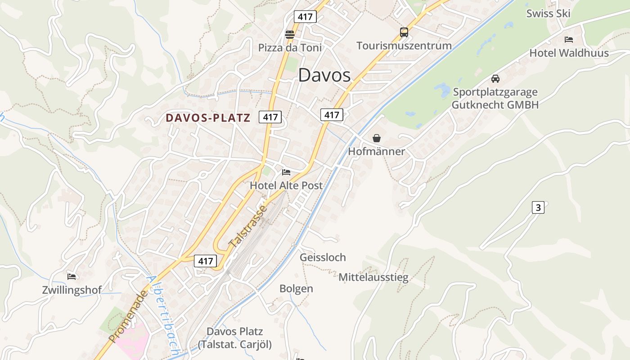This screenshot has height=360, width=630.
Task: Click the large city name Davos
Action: click(324, 75)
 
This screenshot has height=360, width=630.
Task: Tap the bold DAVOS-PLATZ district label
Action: click(208, 118)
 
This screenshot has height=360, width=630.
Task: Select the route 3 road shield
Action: click(538, 207)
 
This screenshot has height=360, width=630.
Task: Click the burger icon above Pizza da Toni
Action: click(290, 34)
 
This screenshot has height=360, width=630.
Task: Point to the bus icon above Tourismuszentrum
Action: click(404, 32)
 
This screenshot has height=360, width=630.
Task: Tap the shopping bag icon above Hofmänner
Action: click(377, 138)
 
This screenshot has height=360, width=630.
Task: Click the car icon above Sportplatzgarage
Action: click(495, 79)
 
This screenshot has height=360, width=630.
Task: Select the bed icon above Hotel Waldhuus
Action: click(569, 40)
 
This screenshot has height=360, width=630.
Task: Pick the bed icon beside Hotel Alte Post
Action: click(286, 172)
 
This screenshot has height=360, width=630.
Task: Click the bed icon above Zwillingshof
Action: click(72, 276)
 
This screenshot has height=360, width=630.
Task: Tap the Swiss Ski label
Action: click(548, 13)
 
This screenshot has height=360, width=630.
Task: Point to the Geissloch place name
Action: click(323, 257)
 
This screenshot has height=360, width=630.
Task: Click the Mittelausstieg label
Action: click(373, 277)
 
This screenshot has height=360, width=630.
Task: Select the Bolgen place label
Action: click(296, 288)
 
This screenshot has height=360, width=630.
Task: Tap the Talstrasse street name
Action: click(248, 227)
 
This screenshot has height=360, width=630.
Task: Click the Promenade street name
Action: click(128, 316)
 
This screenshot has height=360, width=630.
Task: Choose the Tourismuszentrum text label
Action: click(404, 45)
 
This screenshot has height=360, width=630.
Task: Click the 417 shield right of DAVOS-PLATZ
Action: click(270, 117)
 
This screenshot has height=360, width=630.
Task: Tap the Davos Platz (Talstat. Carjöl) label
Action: click(234, 338)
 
